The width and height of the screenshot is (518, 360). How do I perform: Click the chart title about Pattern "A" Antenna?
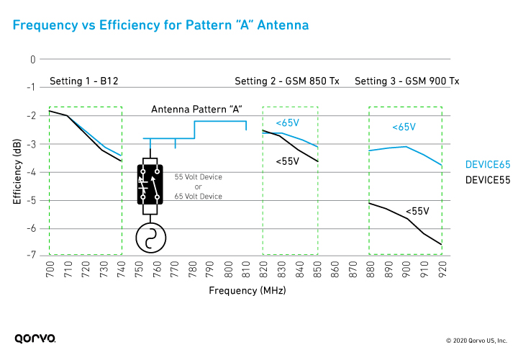pyautogui.click(x=160, y=26)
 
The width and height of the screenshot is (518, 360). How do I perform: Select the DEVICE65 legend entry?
pyautogui.click(x=487, y=164)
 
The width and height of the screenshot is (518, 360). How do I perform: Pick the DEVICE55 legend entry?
pyautogui.click(x=487, y=179)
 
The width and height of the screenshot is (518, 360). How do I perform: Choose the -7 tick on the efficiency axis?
pyautogui.click(x=31, y=255)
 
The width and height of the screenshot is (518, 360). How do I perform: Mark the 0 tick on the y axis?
pyautogui.click(x=32, y=59)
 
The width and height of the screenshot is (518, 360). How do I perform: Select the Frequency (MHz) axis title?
pyautogui.click(x=247, y=291)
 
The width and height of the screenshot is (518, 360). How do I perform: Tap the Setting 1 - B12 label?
pyautogui.click(x=83, y=81)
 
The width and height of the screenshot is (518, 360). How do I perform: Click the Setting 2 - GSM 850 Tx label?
pyautogui.click(x=287, y=81)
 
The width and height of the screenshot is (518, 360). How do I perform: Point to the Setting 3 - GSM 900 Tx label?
pyautogui.click(x=406, y=81)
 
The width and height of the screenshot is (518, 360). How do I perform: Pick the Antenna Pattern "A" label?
pyautogui.click(x=196, y=109)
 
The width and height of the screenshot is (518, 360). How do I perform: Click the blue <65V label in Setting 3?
pyautogui.click(x=404, y=127)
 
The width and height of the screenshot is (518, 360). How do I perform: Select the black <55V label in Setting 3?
pyautogui.click(x=417, y=211)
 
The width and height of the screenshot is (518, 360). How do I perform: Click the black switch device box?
pyautogui.click(x=150, y=185)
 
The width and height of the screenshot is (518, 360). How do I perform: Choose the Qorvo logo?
pyautogui.click(x=35, y=338)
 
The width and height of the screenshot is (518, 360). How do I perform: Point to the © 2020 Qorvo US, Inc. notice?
pyautogui.click(x=477, y=340)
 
